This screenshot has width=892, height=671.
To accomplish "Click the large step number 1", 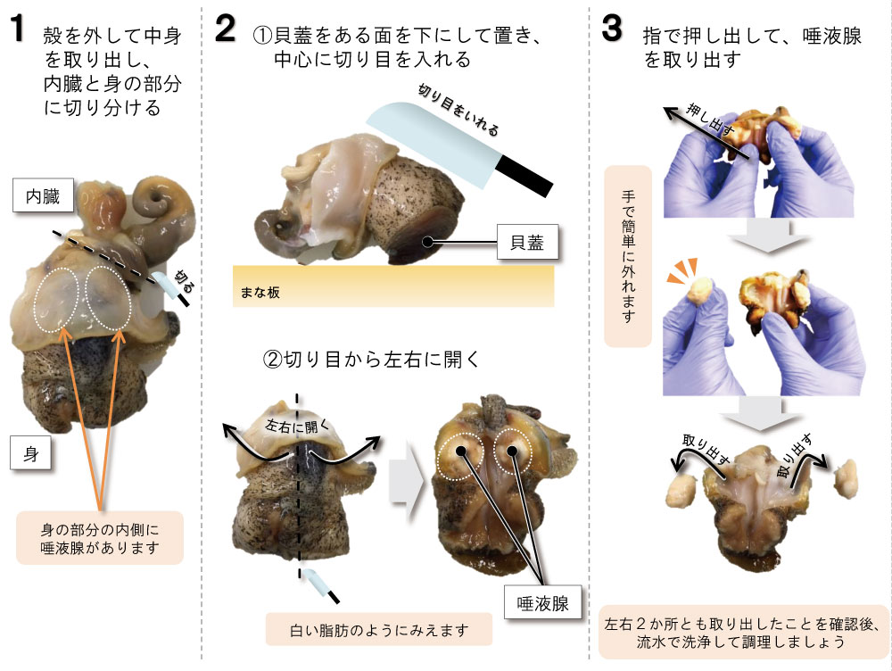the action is [18, 29].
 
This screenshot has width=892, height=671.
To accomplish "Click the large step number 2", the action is [226, 29].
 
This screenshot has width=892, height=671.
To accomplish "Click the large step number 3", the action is [612, 29].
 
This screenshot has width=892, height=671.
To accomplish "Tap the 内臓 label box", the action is [43, 195].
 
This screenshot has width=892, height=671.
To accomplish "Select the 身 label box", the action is [30, 453].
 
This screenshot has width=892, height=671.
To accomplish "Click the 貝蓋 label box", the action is [527, 243].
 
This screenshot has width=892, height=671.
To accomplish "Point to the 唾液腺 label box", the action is [542, 603].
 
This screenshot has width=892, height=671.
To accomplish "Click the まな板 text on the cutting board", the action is [260, 293].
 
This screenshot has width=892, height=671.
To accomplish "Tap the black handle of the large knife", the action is [524, 177].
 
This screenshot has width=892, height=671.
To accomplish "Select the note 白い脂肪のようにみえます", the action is [379, 629].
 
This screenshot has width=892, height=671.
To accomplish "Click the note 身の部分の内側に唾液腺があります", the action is [100, 538].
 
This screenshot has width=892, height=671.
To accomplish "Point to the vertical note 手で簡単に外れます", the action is [628, 257].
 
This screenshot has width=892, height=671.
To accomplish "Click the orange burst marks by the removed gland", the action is [682, 269].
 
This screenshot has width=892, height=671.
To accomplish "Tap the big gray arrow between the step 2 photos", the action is [406, 479].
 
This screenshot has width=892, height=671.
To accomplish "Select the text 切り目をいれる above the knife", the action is [458, 109].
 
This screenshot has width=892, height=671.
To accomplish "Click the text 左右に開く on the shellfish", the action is [296, 425].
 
